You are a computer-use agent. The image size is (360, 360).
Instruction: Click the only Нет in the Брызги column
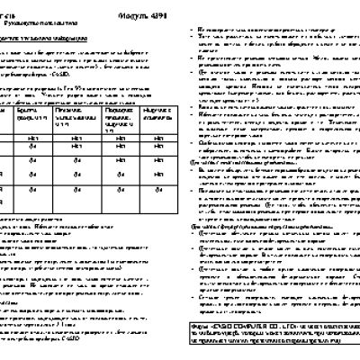(31, 136)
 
